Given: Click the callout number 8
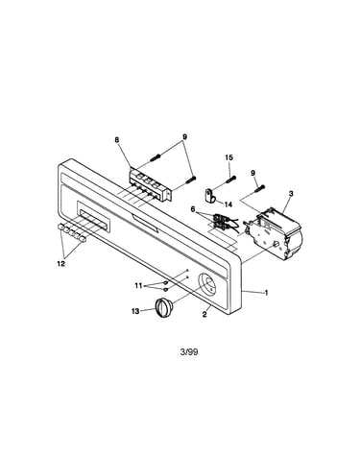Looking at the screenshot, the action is tap(117, 139).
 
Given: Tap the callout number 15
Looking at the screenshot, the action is tap(229, 157).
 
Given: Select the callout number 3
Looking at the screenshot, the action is tap(291, 194).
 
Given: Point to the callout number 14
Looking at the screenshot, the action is tap(228, 204).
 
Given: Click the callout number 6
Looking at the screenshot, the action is tap(193, 209).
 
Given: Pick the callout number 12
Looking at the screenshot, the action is tap(60, 264).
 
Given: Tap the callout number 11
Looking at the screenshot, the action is tap(138, 285).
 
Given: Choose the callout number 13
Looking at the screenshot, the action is tap(135, 311).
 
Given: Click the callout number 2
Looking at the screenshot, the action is tap(204, 314).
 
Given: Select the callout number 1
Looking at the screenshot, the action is tap(266, 293).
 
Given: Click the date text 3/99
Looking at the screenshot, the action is tap(189, 352).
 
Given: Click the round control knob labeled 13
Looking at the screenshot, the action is tap(164, 307).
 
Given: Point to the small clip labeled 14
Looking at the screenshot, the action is tap(209, 196).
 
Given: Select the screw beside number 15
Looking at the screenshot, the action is tap(231, 180).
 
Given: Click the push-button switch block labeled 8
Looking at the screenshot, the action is tap(150, 184).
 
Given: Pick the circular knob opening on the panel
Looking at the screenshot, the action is tap(207, 283).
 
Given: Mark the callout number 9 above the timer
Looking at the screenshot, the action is tap(252, 173).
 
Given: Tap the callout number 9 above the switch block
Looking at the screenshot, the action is tap(184, 137).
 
